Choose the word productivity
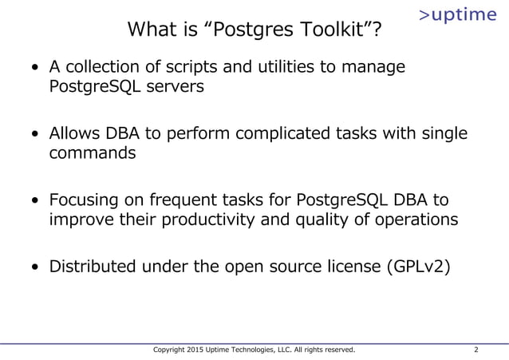click(206, 220)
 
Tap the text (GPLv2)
click(418, 266)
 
